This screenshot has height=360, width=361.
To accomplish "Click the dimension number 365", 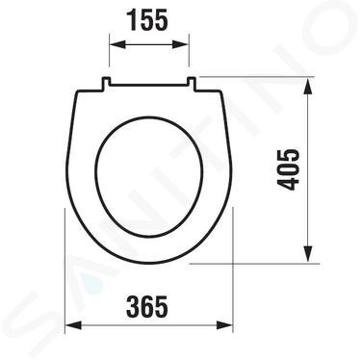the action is pos(147,307).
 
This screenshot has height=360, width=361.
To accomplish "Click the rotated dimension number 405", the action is pos(288,169).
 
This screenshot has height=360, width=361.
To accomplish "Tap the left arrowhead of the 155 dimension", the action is pos(116,44).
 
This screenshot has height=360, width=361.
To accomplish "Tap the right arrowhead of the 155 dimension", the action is pos(181,44).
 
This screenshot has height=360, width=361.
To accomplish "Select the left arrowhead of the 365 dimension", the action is pos(73,324).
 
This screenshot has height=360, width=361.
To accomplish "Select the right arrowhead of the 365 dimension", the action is pos(224,324).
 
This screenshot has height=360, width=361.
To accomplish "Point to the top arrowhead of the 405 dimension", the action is pos(308,86).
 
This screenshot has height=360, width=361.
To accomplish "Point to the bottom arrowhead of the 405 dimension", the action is pos(308,253).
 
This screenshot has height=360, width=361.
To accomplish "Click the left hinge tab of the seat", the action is pos(106,83).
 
